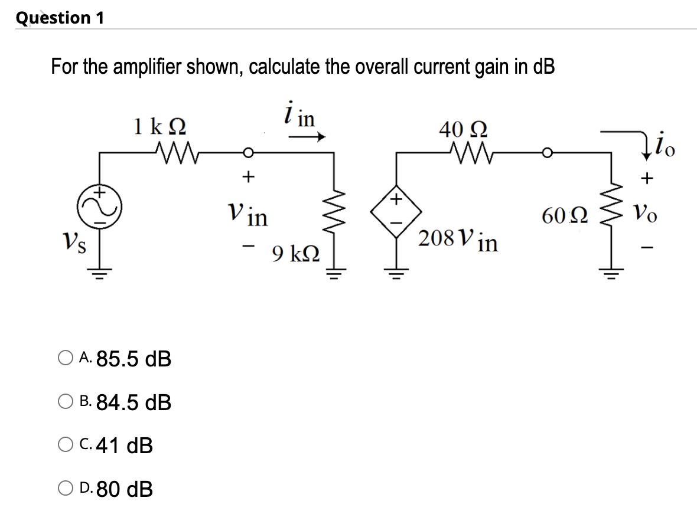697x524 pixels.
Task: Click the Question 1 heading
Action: point(60,18)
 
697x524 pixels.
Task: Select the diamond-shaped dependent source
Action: point(396,209)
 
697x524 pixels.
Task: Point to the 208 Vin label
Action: point(458,240)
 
